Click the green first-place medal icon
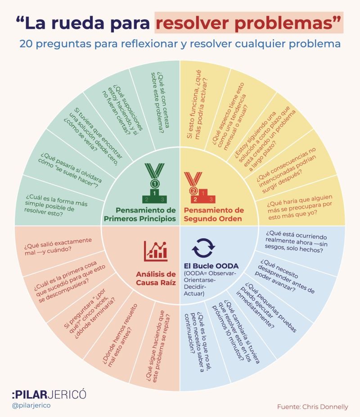tap(155, 183)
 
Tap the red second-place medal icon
tap(199, 187)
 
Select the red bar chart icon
tap(156, 251)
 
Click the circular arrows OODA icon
tap(203, 248)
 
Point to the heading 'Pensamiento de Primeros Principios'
tap(140, 214)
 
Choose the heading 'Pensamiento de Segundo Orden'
tap(214, 214)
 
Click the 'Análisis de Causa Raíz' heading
tap(156, 278)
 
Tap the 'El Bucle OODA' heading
tap(211, 266)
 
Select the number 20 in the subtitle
tap(26, 44)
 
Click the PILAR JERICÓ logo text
tap(49, 394)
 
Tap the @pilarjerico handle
tap(31, 406)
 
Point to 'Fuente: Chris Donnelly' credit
tap(312, 407)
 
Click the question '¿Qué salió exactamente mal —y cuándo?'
tap(58, 246)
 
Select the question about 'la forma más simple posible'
tap(55, 205)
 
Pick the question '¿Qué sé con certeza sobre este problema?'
tap(160, 103)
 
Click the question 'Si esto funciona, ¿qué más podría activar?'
tap(198, 104)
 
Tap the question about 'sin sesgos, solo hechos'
tap(296, 241)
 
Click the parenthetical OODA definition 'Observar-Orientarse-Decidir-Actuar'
tap(210, 284)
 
